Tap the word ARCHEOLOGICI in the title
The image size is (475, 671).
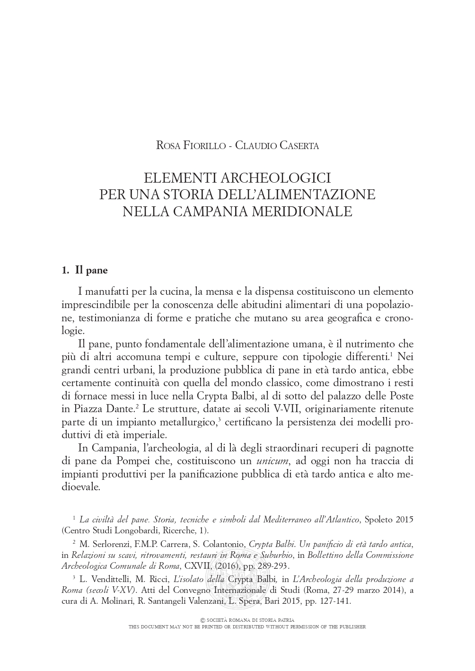click(x=278, y=178)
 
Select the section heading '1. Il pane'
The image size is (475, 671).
click(x=85, y=270)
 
